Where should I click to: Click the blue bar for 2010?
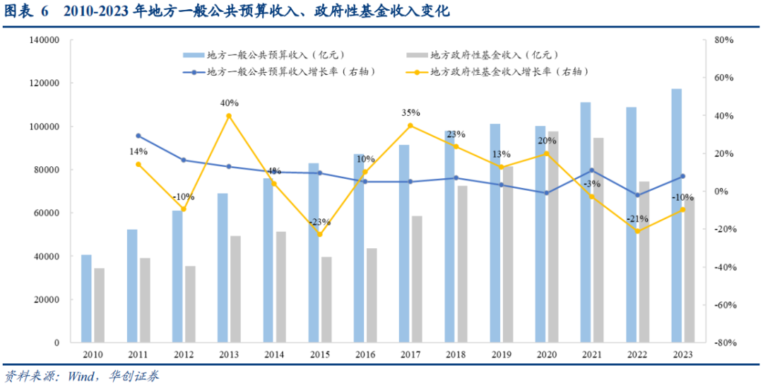[86, 298]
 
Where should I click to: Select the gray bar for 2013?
[235, 289]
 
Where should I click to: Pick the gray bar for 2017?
[417, 279]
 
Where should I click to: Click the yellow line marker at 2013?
[228, 116]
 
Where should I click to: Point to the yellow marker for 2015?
[319, 235]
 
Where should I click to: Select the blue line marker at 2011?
[138, 136]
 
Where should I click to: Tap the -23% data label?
[319, 222]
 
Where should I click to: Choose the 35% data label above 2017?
[410, 112]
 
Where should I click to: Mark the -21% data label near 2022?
[638, 218]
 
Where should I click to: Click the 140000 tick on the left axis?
[45, 40]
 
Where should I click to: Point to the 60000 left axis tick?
[47, 213]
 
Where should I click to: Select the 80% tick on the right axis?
[725, 40]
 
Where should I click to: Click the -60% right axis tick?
[724, 305]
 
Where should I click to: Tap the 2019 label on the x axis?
[502, 354]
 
